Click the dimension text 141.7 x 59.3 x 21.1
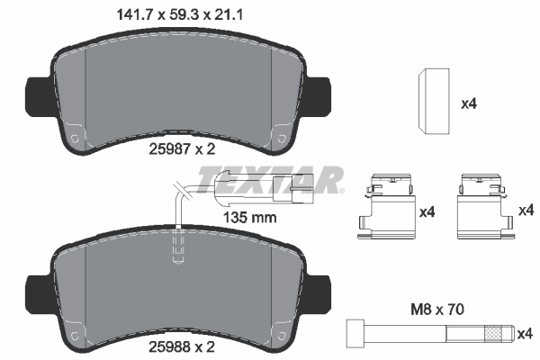[x=181, y=14]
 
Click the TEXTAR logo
[x=285, y=179]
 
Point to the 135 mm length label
[x=248, y=217]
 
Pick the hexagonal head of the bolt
[x=353, y=332]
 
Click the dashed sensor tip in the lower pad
[x=178, y=246]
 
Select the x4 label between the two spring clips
[x=427, y=212]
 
